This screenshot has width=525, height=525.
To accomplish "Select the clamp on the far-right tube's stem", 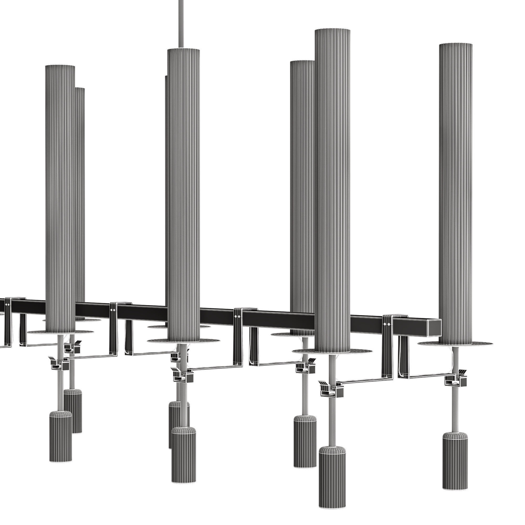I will point(455,383).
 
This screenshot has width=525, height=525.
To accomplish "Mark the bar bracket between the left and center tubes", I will point(114,325).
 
